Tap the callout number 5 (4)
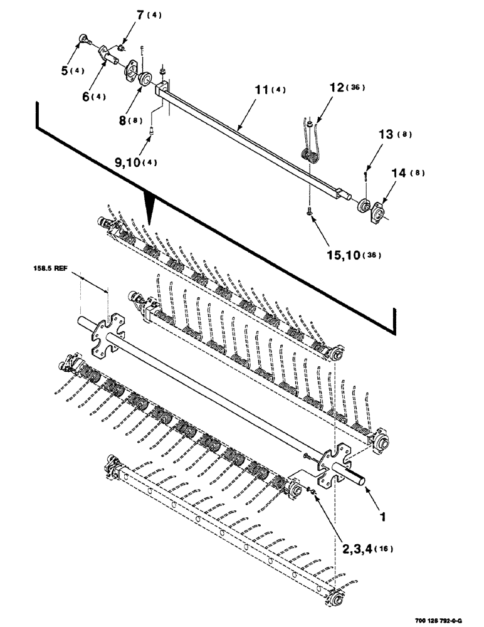point(71,70)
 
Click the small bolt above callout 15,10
point(310,215)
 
